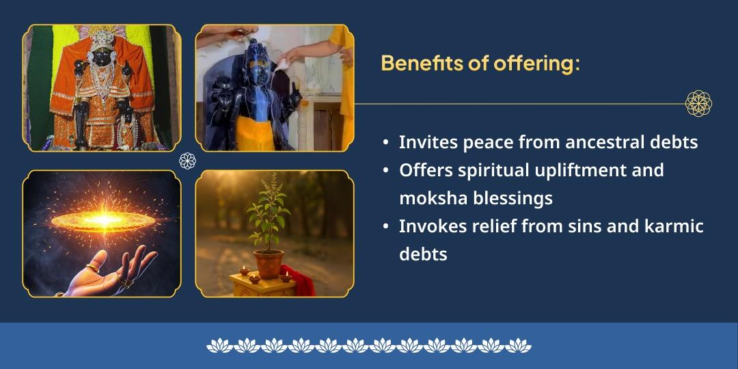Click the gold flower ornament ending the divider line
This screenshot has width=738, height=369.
tap(698, 104)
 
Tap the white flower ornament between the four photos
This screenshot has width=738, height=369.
tap(187, 161)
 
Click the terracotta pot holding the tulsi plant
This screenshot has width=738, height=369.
tap(269, 263)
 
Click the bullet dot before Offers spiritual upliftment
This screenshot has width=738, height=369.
tap(387, 171)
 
